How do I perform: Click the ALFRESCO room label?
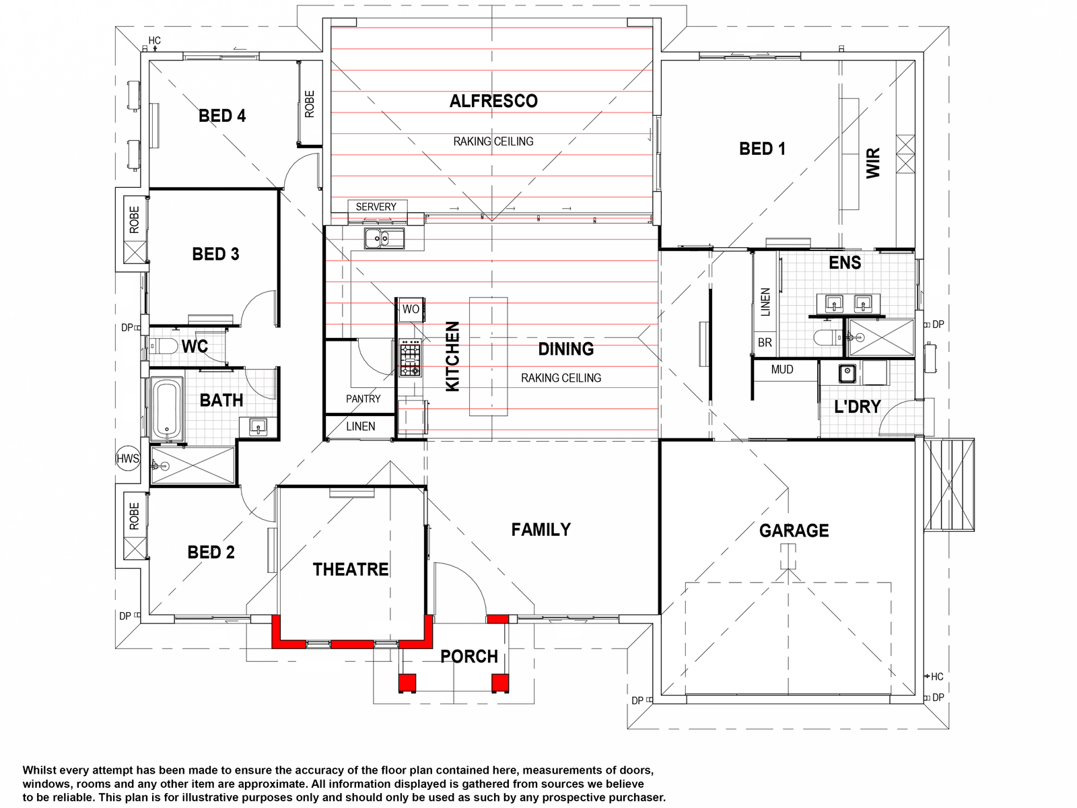tap(493, 101)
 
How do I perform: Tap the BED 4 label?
tap(222, 116)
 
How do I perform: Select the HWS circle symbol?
tap(128, 459)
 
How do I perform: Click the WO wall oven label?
tap(411, 309)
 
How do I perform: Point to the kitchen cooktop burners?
tap(410, 357)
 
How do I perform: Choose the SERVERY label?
tap(376, 207)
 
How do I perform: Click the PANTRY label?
tap(363, 399)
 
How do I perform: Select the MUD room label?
tap(782, 370)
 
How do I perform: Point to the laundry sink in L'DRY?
tap(847, 373)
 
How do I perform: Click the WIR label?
tap(873, 163)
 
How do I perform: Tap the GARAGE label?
tap(794, 531)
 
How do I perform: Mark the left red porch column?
tap(407, 683)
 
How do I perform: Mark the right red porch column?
tap(500, 683)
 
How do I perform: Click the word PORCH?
tap(469, 656)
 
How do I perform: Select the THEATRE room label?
tap(351, 570)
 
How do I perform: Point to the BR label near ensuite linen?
tap(765, 343)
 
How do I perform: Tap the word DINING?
tap(566, 349)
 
